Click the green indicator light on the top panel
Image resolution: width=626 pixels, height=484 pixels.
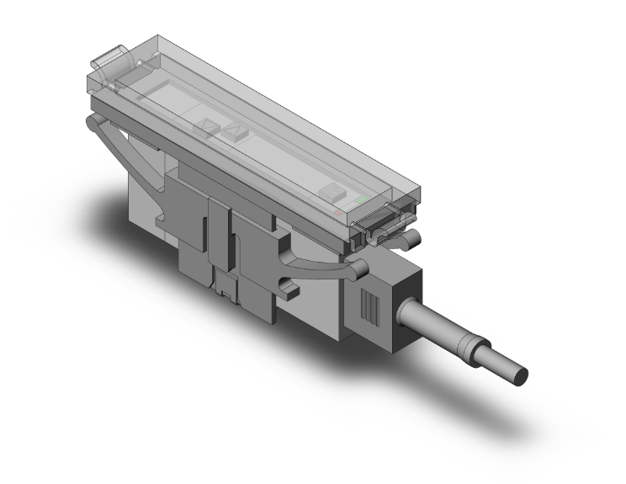coord(361,200)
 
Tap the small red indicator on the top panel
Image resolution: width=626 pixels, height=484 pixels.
coord(339,212)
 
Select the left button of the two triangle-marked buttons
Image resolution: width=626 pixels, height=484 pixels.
coord(204,127)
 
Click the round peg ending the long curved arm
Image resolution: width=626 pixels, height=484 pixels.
coord(358,269)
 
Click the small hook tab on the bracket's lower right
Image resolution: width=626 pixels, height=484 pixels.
coord(288,290)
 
